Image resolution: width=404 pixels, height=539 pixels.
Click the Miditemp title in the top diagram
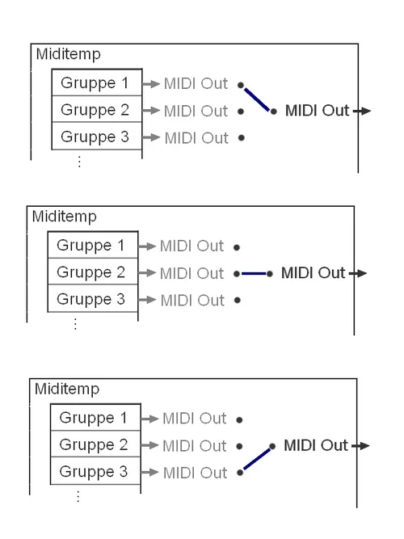click(69, 55)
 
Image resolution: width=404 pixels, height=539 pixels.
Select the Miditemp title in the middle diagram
click(64, 217)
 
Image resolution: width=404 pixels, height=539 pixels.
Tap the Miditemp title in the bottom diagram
click(67, 389)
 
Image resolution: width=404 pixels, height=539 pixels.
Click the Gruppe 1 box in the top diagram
click(96, 83)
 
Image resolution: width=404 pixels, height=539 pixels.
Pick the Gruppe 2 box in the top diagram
click(96, 110)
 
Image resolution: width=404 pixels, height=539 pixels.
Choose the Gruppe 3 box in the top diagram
click(96, 137)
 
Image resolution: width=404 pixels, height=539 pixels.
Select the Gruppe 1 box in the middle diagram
click(91, 246)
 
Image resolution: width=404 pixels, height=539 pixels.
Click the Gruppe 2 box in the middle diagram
click(91, 272)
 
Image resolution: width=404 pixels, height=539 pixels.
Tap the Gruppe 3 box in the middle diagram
click(91, 299)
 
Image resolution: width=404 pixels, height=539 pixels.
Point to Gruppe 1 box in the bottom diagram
click(95, 418)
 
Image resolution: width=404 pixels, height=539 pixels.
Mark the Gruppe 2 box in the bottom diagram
click(95, 444)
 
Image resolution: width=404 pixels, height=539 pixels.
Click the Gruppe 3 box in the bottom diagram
click(95, 471)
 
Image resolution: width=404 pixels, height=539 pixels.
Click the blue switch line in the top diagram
click(257, 99)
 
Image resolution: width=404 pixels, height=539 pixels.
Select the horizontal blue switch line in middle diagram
click(253, 274)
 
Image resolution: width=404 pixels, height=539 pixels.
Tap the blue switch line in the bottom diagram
click(256, 459)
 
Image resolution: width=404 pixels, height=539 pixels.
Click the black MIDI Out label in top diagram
click(317, 111)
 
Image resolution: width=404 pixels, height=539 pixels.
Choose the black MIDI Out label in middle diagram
click(313, 273)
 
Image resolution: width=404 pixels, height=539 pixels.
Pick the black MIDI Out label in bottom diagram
click(316, 445)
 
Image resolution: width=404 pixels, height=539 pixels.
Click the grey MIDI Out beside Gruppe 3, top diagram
click(196, 138)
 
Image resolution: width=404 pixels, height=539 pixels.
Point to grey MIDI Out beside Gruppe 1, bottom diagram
click(194, 419)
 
